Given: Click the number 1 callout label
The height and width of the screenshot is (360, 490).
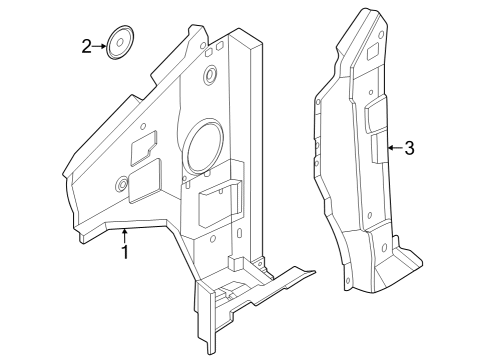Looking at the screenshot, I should tap(125, 252).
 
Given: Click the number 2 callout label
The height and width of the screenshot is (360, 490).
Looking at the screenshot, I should tap(87, 45).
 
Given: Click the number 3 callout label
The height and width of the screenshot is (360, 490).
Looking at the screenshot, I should tap(409, 148).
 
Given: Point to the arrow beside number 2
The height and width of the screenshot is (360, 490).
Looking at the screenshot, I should tap(101, 45).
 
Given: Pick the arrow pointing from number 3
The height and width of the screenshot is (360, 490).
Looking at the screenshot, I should tap(393, 148).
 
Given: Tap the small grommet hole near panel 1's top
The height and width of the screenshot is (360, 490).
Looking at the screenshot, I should tap(212, 76).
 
